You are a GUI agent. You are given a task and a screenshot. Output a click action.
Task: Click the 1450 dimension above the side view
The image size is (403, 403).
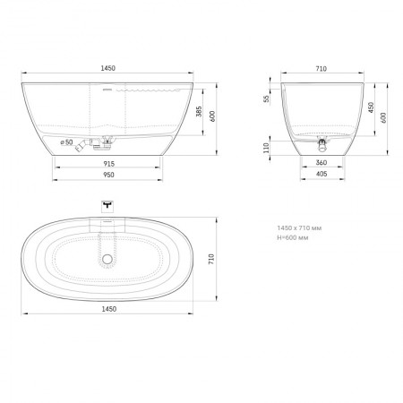(x=107, y=68)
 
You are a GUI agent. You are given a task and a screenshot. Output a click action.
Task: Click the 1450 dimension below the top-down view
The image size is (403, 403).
(x=109, y=309)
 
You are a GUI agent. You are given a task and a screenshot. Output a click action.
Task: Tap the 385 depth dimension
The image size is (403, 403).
(x=199, y=111)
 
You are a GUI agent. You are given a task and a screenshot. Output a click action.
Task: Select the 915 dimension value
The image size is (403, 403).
(x=109, y=164)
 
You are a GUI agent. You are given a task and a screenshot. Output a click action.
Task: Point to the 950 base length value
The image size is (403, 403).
(x=108, y=175)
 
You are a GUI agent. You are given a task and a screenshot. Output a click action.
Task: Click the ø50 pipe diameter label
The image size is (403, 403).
(x=66, y=142)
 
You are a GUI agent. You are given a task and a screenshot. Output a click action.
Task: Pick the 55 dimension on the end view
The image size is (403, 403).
(x=266, y=99)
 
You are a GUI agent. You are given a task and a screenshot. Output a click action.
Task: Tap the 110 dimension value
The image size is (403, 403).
(x=266, y=148)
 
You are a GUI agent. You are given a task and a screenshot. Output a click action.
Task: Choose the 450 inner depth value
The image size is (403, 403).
(x=371, y=107)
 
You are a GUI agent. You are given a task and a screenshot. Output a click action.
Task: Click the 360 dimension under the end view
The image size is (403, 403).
(x=322, y=163)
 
